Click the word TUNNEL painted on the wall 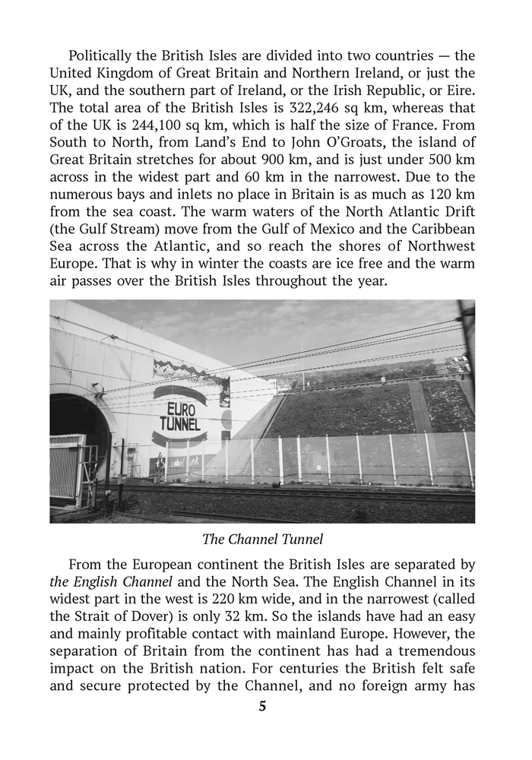[x=180, y=424]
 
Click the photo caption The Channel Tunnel [x=263, y=540]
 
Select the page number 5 [x=263, y=706]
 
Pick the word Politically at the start [x=103, y=55]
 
